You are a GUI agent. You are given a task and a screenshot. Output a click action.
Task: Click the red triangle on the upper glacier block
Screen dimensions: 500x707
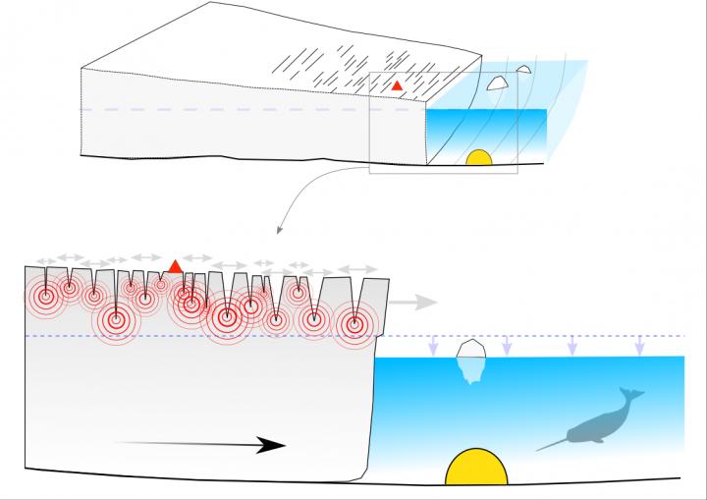click(397, 86)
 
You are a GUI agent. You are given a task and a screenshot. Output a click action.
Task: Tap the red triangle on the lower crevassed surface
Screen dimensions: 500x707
click(175, 265)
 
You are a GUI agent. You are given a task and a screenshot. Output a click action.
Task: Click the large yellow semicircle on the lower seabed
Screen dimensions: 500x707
click(476, 469)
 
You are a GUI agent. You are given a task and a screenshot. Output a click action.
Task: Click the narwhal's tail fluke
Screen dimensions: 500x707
click(633, 395)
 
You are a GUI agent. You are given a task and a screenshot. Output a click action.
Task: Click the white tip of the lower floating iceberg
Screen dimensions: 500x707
click(470, 348)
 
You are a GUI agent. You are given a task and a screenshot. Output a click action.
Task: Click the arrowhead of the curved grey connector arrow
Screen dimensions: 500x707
click(279, 232)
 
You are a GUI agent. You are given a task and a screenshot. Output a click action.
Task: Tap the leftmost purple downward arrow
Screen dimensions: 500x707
click(433, 347)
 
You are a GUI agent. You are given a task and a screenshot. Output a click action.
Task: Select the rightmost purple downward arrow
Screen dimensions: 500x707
click(639, 347)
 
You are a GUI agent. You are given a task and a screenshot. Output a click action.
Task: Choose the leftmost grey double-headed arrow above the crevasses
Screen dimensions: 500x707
click(41, 260)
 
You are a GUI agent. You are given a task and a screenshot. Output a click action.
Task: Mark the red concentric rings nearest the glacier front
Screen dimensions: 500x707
click(354, 321)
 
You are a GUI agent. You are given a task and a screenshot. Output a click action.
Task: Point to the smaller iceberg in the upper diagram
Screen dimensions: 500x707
click(524, 70)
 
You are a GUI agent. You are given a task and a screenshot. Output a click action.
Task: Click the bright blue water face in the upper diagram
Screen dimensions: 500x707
click(486, 128)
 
